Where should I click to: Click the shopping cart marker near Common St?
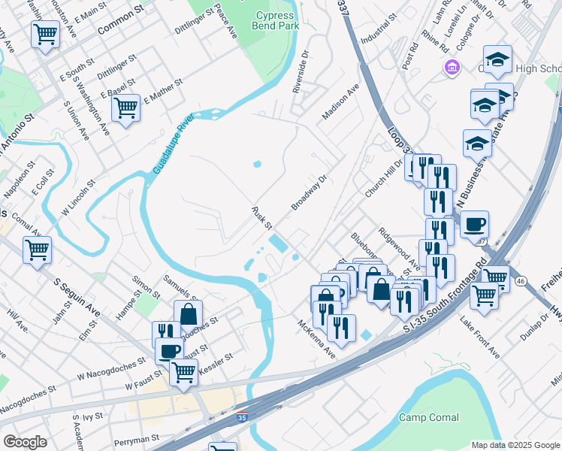click(46, 34)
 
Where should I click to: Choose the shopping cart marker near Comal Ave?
click(37, 250)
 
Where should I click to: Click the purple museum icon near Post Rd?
click(451, 68)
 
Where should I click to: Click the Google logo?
click(26, 442)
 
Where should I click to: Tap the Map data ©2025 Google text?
click(515, 445)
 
